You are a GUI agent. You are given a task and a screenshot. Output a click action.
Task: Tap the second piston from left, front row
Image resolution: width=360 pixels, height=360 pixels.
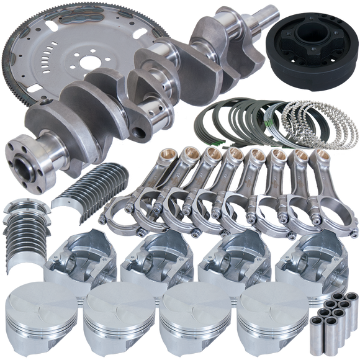(118, 320)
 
